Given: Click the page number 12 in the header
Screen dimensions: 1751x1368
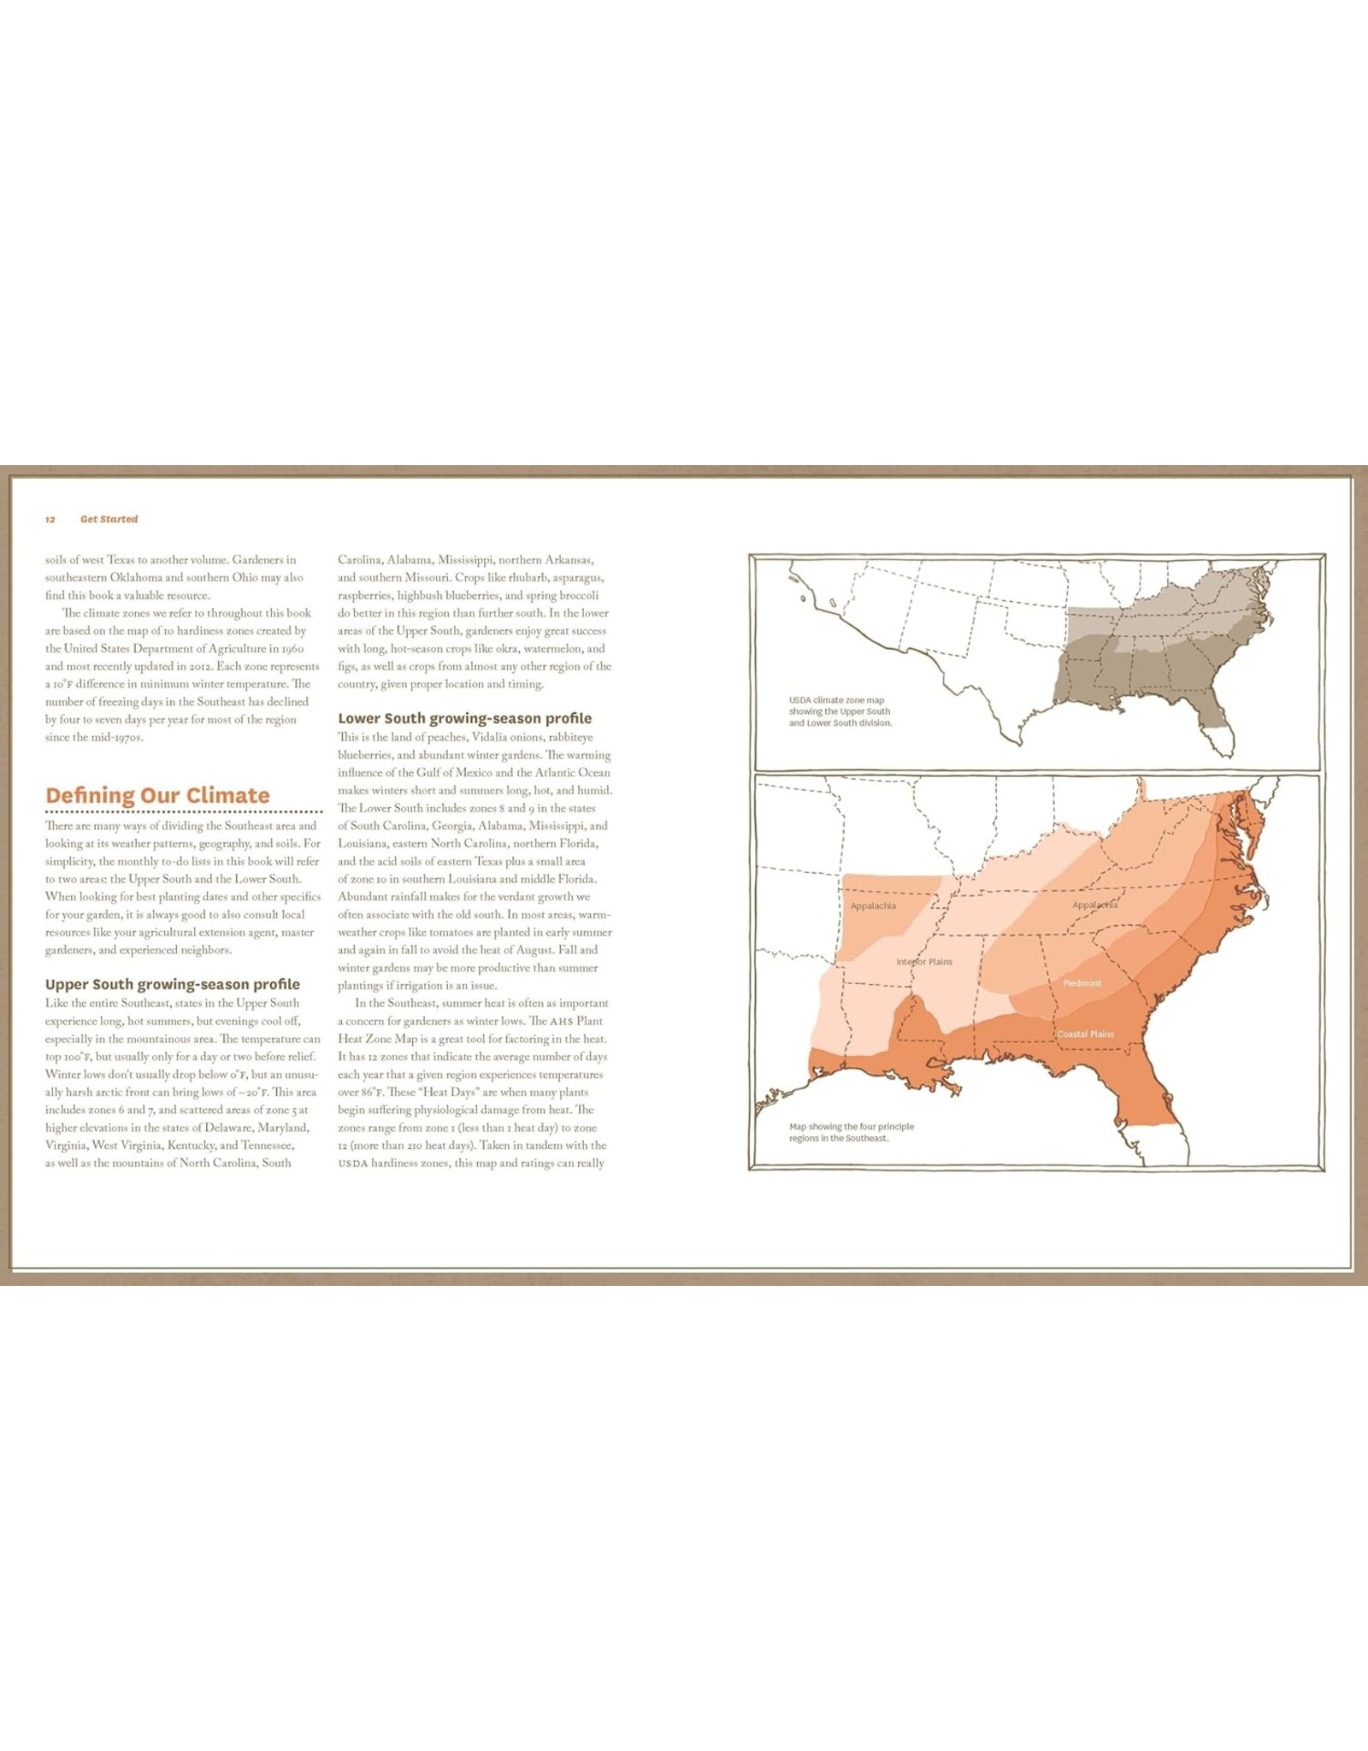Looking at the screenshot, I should [x=50, y=520].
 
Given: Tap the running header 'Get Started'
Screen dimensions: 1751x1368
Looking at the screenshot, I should [x=109, y=519].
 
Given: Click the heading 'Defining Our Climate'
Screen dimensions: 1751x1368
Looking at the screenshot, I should [x=157, y=795].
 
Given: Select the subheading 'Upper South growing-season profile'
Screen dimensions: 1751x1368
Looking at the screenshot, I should [x=173, y=984].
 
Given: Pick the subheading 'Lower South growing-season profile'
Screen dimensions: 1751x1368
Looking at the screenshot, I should [x=464, y=718].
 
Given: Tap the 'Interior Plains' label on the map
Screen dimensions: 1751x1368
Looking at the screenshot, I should [x=924, y=962].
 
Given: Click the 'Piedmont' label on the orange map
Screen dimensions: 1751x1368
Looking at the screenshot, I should [x=1082, y=983].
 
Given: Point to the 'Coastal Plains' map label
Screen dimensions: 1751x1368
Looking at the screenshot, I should [x=1085, y=1035].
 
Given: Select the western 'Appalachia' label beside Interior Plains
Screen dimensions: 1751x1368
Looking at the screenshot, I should [x=873, y=906].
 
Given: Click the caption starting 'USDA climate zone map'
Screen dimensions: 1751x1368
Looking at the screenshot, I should [x=840, y=711].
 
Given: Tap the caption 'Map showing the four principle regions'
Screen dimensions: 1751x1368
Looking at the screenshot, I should [x=851, y=1132].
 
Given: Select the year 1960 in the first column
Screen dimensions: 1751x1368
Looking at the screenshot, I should [x=292, y=649].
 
